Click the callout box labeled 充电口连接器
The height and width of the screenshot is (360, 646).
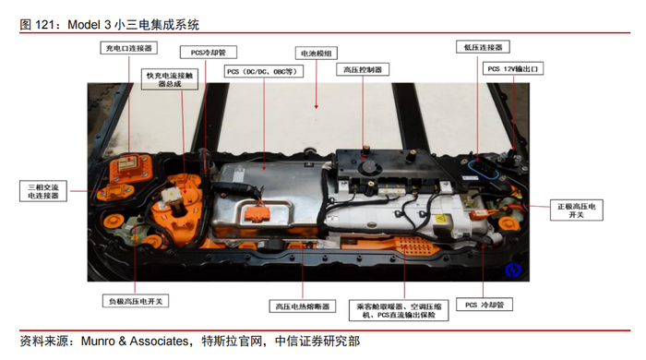tap(128, 48)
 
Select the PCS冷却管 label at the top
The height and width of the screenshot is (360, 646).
tap(209, 53)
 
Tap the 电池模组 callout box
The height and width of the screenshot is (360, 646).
tap(317, 54)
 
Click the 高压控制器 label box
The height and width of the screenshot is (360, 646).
tap(363, 69)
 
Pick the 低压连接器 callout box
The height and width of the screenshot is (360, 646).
tap(483, 47)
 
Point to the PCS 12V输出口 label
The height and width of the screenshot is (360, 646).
tap(513, 68)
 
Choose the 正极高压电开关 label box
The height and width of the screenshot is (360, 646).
tap(577, 210)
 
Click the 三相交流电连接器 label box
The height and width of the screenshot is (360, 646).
tap(43, 191)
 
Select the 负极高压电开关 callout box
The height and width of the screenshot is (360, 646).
tap(136, 301)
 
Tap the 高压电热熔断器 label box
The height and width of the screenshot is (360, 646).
tap(303, 306)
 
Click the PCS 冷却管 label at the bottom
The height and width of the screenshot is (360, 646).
tap(484, 305)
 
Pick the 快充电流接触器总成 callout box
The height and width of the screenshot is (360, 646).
tap(170, 79)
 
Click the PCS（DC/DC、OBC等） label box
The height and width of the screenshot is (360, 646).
tap(264, 71)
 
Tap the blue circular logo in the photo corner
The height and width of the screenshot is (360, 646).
tap(513, 270)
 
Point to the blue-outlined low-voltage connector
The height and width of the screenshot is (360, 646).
tap(484, 169)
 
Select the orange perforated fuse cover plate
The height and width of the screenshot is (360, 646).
tap(412, 246)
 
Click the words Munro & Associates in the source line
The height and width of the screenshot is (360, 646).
tap(135, 341)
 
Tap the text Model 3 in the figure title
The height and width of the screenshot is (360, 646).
tap(90, 25)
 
